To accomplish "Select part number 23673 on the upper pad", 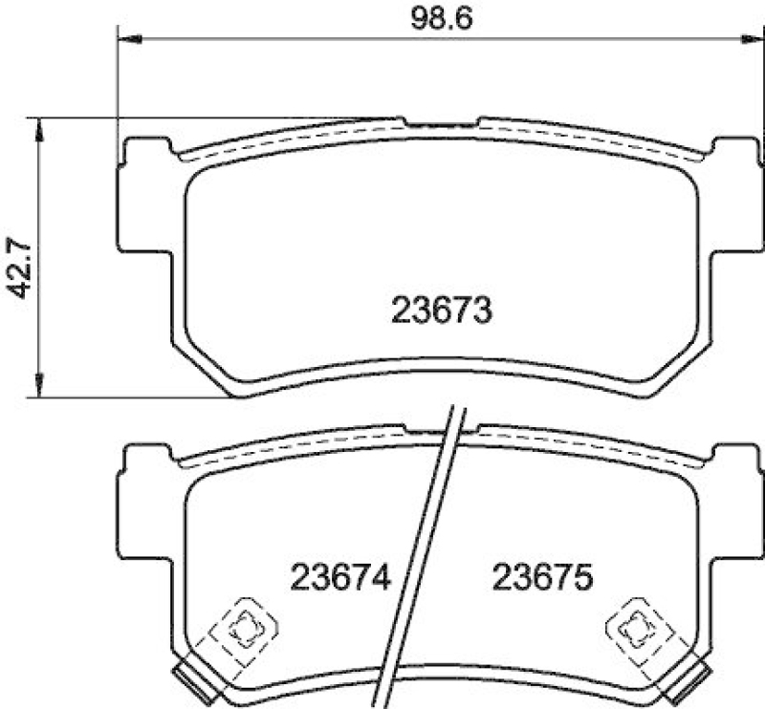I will click(x=441, y=310).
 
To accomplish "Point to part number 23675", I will click(x=543, y=576).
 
